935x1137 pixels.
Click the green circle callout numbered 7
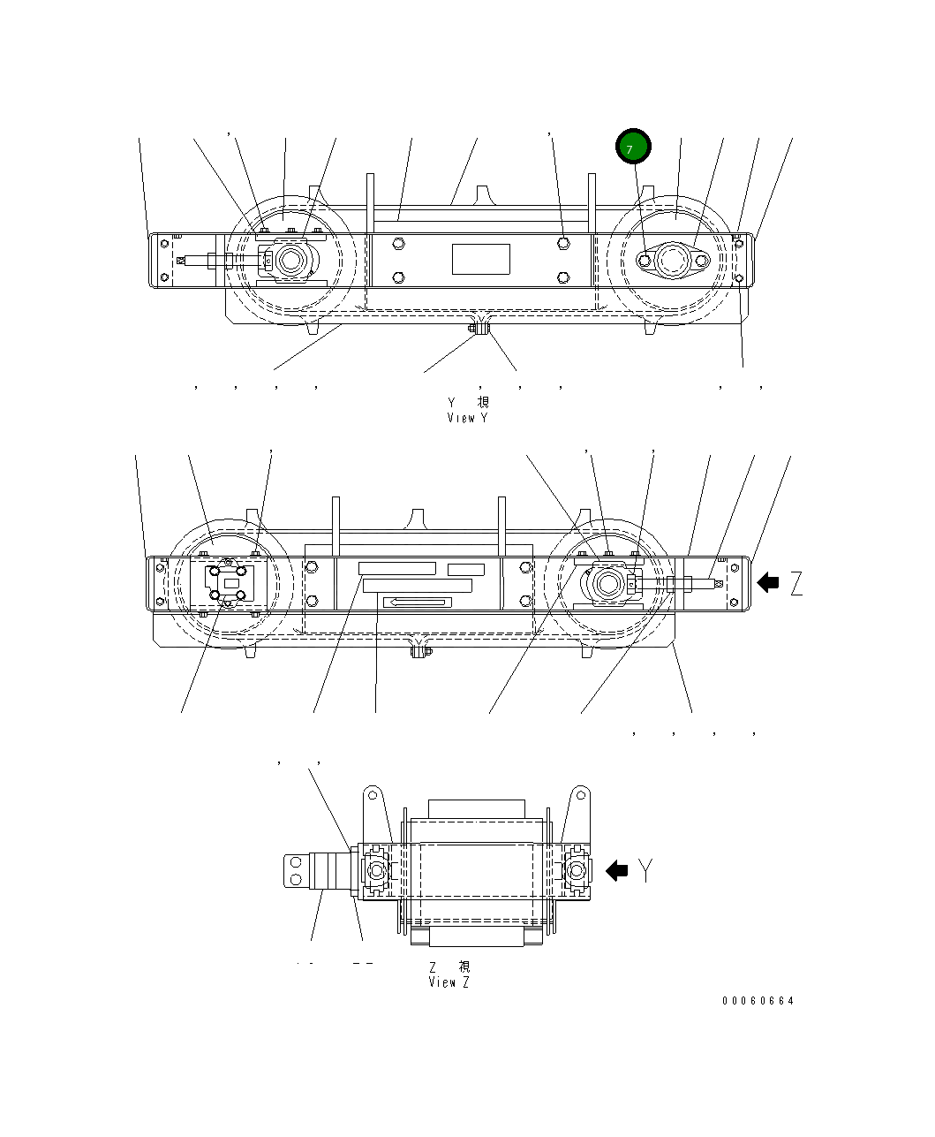633,147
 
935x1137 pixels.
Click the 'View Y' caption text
467,418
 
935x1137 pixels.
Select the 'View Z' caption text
449,982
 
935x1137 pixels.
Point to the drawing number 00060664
758,1001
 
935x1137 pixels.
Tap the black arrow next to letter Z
768,581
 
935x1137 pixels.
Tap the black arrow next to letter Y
616,870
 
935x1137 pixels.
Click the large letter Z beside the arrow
796,583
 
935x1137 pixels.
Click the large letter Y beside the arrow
647,870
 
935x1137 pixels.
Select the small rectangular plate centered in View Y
481,259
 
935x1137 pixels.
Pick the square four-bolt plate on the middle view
229,583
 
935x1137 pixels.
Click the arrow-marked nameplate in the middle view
418,603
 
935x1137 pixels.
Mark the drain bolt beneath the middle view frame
421,652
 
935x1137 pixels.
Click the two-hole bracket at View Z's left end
297,869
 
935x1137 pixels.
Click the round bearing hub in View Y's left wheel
290,261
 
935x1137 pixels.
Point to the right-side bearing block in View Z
576,871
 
